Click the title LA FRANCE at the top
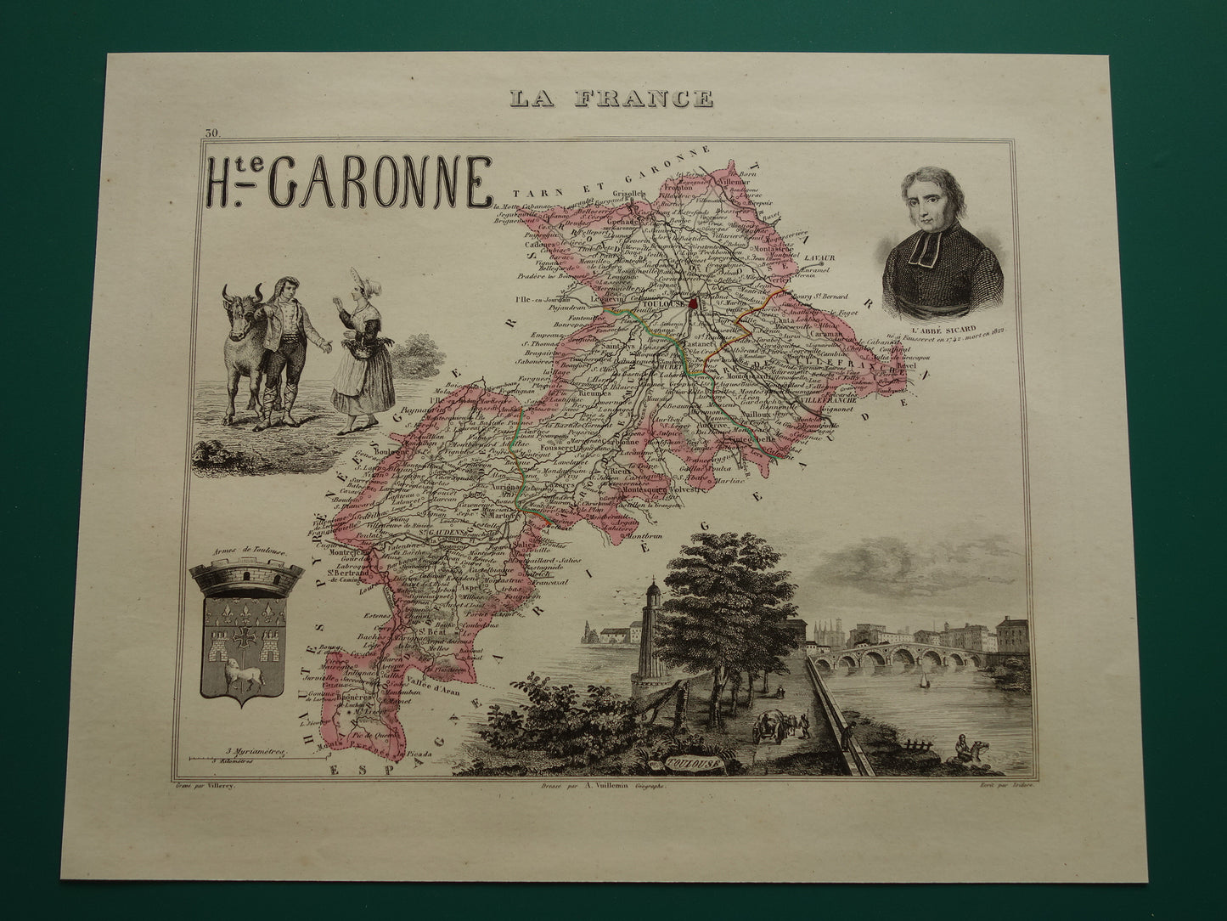coord(611,99)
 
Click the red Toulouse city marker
coord(693,303)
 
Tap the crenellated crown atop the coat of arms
coord(247,580)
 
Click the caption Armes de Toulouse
coord(245,552)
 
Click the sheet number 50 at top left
coord(211,133)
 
